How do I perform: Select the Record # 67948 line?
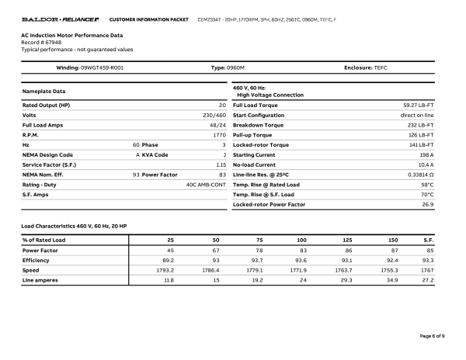[40, 43]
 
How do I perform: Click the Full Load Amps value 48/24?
[217, 125]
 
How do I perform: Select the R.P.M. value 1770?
[219, 135]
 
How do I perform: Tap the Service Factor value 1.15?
[220, 165]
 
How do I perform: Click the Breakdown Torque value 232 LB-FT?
[420, 125]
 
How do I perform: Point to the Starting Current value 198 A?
[426, 155]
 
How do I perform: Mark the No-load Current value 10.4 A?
[424, 165]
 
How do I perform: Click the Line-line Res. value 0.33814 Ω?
[416, 175]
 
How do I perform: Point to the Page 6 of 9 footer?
[430, 336]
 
